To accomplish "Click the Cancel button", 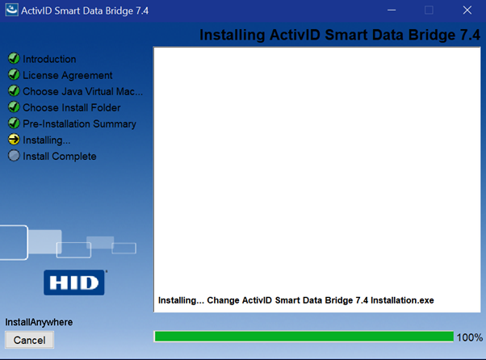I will (x=30, y=340).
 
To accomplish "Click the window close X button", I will (x=466, y=10).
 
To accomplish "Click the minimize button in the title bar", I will (x=392, y=10).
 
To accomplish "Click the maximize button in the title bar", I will (x=429, y=10).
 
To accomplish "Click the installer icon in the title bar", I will (x=11, y=10).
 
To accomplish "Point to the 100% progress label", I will (x=469, y=337).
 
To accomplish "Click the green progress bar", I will (x=304, y=337).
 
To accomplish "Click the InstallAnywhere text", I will (x=39, y=322).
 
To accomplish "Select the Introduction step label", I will (x=49, y=59).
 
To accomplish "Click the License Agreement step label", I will (x=67, y=75).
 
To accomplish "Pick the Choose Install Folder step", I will (x=71, y=107).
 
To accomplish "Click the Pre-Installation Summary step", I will (x=79, y=123).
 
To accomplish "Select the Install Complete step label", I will (x=59, y=156).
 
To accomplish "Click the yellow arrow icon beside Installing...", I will (x=14, y=140).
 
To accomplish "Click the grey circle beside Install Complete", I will (x=14, y=156).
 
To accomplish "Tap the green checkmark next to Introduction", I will (x=14, y=59).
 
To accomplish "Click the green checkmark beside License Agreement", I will (x=14, y=75).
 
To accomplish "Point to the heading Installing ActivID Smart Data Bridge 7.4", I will (x=340, y=36).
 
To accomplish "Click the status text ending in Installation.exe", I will (x=295, y=300).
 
